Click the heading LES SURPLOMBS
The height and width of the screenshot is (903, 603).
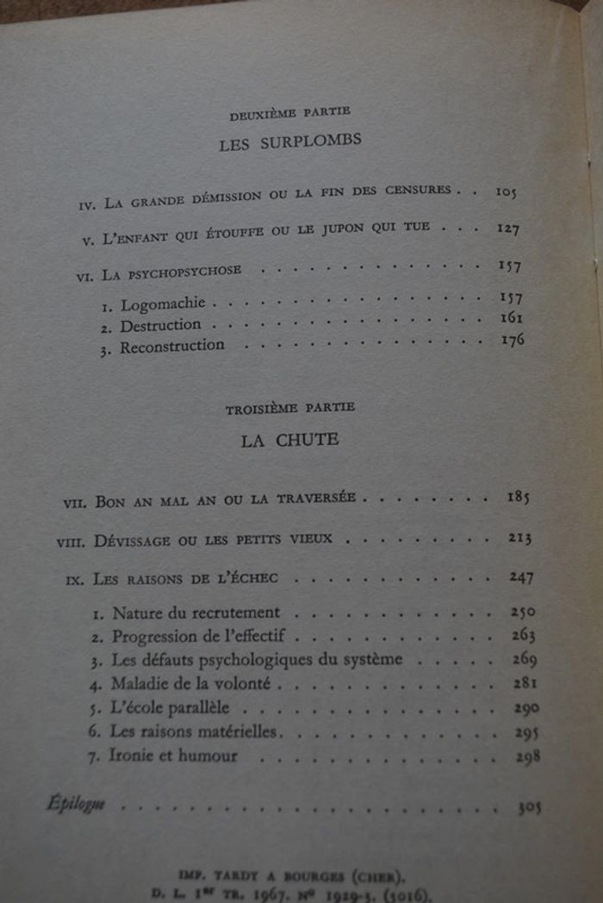(x=289, y=143)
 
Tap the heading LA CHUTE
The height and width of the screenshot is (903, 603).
(x=289, y=440)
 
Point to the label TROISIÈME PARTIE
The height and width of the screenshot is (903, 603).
(x=290, y=408)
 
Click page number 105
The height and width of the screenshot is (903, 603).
(x=506, y=191)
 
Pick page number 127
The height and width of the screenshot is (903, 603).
(x=508, y=229)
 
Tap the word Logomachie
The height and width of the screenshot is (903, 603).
(x=163, y=304)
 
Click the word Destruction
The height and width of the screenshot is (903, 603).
(x=160, y=326)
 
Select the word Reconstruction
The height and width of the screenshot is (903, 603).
(x=172, y=347)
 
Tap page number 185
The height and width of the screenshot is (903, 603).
(x=518, y=498)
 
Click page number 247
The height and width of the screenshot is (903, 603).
(x=521, y=577)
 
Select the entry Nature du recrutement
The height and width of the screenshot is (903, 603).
(x=196, y=612)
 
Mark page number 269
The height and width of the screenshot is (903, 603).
(x=523, y=660)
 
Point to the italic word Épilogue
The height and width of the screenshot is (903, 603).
(x=76, y=805)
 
